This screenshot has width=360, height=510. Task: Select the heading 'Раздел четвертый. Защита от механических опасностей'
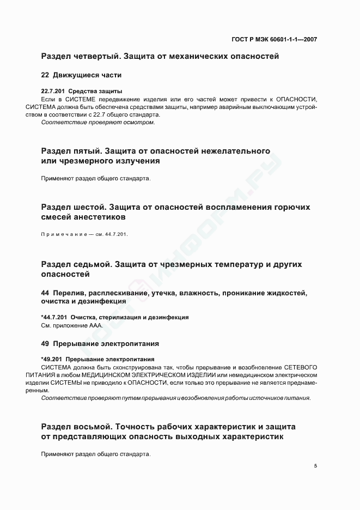coord(160,56)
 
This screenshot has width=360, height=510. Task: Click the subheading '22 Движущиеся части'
coord(81,75)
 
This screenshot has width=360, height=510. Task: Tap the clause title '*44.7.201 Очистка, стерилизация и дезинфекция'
coord(115,317)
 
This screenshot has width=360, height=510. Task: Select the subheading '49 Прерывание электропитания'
coord(100,344)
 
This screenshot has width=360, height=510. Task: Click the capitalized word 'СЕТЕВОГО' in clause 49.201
coord(298,367)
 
